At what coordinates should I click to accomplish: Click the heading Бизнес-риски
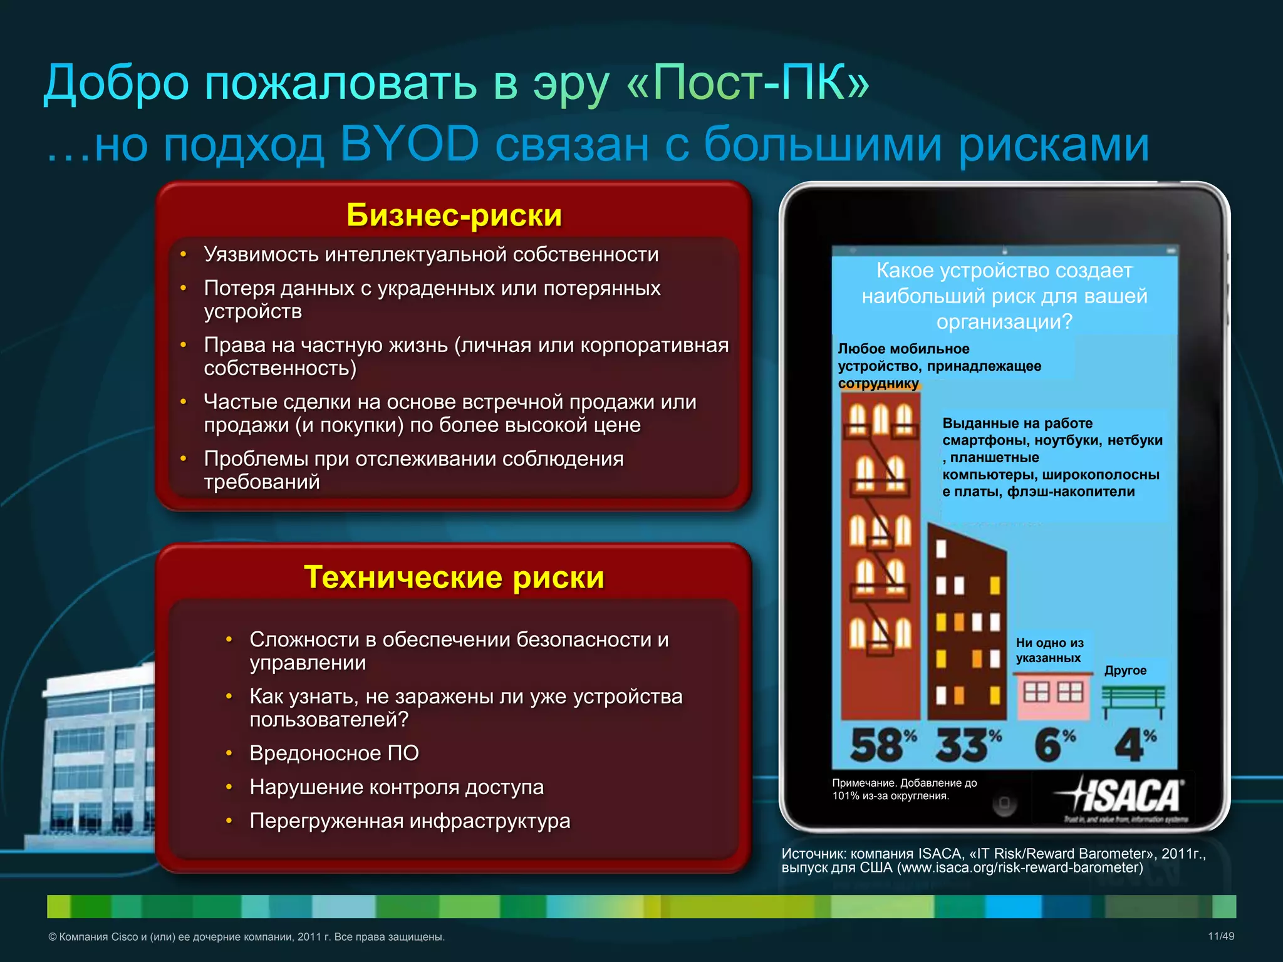454,215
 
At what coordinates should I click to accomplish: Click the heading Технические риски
454,577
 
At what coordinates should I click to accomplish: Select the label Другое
1125,670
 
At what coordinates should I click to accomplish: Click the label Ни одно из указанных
1049,650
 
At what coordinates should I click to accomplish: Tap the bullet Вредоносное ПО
334,753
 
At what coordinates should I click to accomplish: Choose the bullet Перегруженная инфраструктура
410,820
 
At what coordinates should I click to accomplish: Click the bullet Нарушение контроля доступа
397,787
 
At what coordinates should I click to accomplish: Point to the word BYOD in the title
410,145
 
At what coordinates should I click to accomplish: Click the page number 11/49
1220,936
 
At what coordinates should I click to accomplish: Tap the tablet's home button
1004,804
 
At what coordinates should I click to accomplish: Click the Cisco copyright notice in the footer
247,937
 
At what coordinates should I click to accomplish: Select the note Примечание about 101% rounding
904,789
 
